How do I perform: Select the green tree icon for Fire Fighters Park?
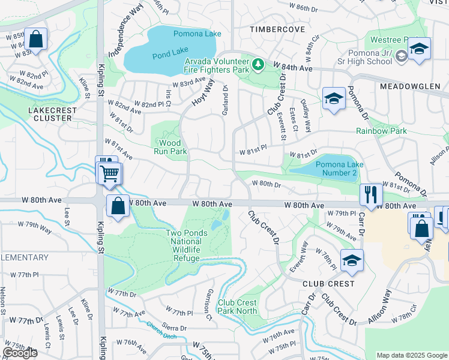click(x=258, y=64)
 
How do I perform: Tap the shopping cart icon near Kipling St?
click(x=109, y=173)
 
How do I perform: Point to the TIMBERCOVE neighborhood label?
click(x=274, y=28)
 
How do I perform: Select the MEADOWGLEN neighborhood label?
click(x=410, y=86)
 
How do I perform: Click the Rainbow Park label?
click(x=381, y=131)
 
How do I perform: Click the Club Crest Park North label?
click(x=237, y=307)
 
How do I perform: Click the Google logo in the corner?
click(x=20, y=353)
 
